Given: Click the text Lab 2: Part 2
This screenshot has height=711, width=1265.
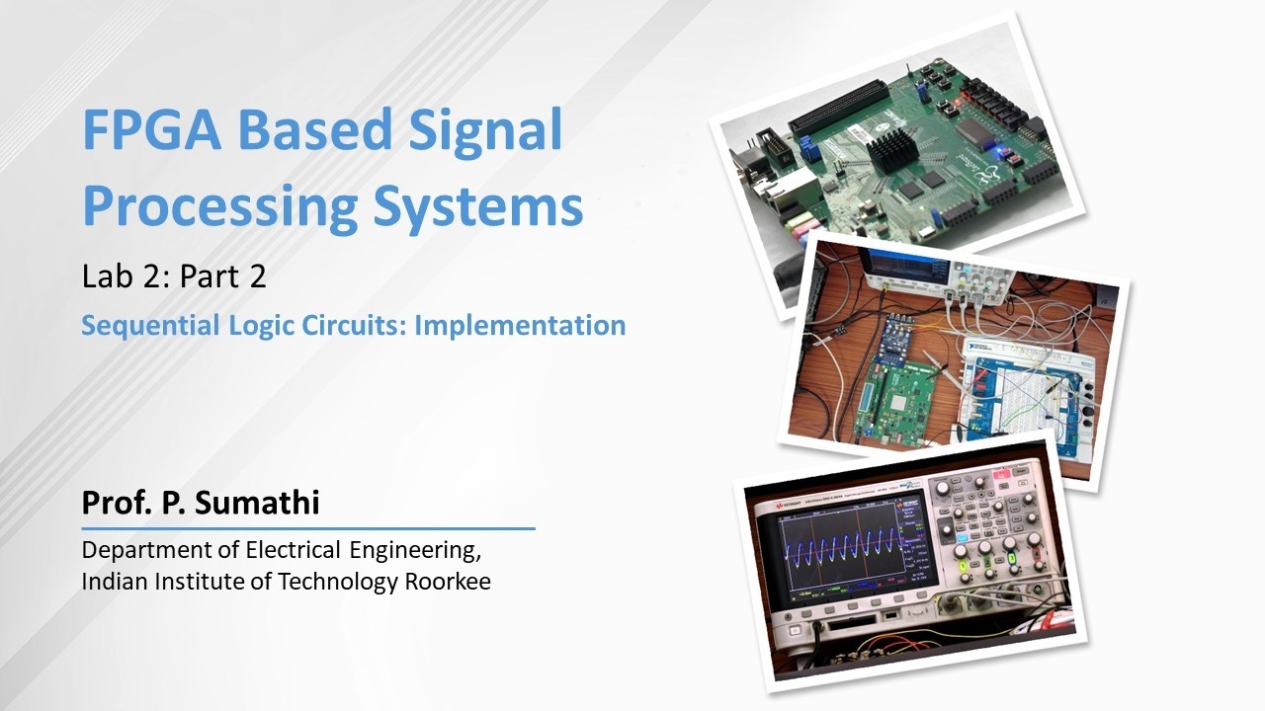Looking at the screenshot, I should (174, 277).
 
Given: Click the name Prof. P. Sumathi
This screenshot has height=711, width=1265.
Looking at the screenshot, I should (201, 503).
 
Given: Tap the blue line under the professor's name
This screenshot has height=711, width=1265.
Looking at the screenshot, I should (307, 529).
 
